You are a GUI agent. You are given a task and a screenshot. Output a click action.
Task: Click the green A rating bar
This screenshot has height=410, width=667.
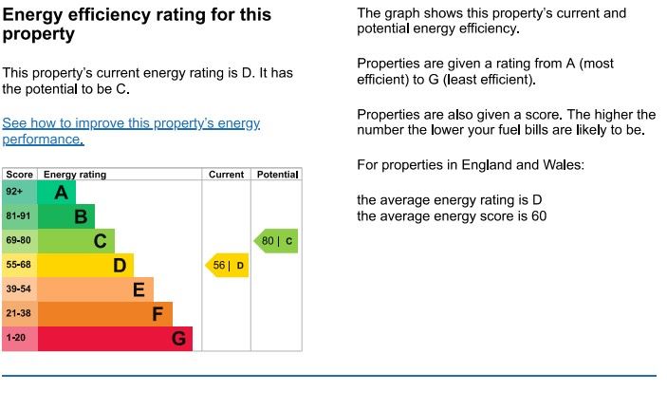[x=57, y=193]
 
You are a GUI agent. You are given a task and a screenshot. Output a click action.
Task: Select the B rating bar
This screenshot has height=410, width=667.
[x=66, y=217]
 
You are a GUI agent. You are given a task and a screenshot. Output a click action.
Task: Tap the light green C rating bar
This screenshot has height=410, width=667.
[x=76, y=241]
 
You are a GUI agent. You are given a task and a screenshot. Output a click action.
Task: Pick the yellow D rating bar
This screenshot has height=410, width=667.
[x=85, y=266]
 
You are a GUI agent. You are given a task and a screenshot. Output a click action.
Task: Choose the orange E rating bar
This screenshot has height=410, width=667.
[x=95, y=289]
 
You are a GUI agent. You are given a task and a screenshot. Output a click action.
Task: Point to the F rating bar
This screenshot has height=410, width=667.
[x=104, y=314]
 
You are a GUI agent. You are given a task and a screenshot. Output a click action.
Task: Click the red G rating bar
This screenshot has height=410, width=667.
[x=114, y=339]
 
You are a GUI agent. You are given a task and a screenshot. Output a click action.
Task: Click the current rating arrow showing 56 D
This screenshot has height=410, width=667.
[x=228, y=266]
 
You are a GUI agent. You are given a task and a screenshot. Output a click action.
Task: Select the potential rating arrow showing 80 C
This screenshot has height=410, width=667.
[x=276, y=241]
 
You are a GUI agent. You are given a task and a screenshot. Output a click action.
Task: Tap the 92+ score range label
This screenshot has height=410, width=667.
[x=15, y=193]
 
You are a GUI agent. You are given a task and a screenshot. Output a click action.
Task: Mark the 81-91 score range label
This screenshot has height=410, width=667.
[x=19, y=217]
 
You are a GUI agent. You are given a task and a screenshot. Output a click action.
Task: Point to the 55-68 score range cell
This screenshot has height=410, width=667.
[x=19, y=266]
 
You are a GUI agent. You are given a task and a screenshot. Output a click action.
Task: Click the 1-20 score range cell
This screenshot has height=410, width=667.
[x=16, y=339]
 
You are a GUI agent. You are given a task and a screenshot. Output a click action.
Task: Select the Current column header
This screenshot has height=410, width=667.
[x=227, y=175]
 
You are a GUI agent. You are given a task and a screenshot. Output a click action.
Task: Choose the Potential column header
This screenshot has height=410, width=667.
[x=277, y=175]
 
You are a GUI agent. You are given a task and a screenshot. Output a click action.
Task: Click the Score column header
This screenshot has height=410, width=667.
[x=19, y=175]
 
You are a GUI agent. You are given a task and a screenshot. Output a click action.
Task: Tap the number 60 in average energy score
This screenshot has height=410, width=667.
[x=538, y=216]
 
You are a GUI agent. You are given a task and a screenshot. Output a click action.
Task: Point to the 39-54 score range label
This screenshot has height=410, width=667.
[x=19, y=289]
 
